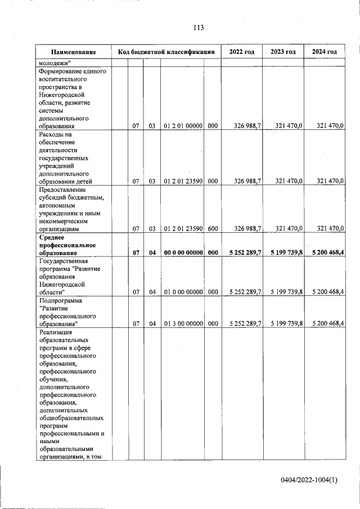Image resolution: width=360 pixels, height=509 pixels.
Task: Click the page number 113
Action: (x=197, y=28)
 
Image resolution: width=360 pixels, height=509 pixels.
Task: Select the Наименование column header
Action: (x=73, y=52)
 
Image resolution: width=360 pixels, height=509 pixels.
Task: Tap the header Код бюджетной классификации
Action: (x=166, y=52)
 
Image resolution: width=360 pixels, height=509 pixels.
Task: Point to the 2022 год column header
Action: (x=242, y=52)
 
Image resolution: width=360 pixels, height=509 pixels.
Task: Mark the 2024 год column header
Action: (x=325, y=52)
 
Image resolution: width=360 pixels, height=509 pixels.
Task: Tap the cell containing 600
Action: (x=213, y=228)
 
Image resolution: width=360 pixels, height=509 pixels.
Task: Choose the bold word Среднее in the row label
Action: (x=52, y=238)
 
